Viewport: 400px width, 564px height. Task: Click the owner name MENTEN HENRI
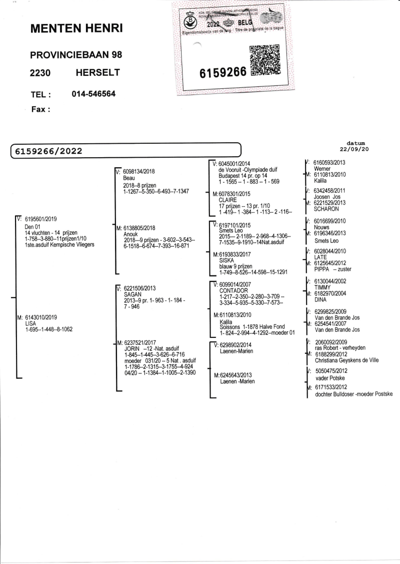(x=76, y=29)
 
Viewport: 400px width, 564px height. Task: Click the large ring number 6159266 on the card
(x=223, y=72)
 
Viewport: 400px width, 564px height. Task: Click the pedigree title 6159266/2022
(x=48, y=151)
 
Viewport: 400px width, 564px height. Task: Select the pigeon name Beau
(x=129, y=178)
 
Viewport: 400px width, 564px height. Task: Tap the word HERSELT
(x=97, y=73)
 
